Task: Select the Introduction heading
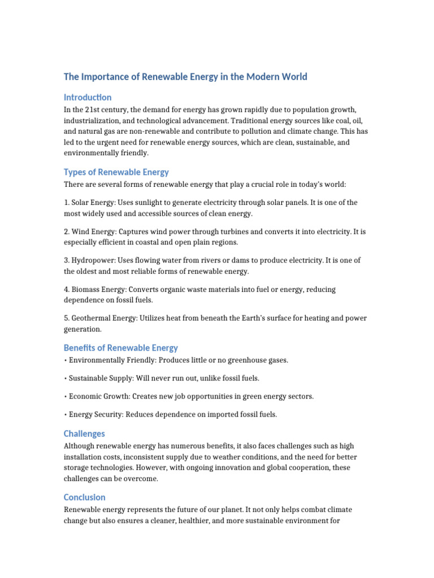click(88, 97)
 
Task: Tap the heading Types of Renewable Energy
click(116, 172)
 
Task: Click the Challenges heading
click(84, 433)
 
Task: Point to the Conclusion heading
click(85, 497)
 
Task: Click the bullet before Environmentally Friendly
click(66, 360)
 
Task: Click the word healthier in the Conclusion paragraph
click(197, 522)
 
